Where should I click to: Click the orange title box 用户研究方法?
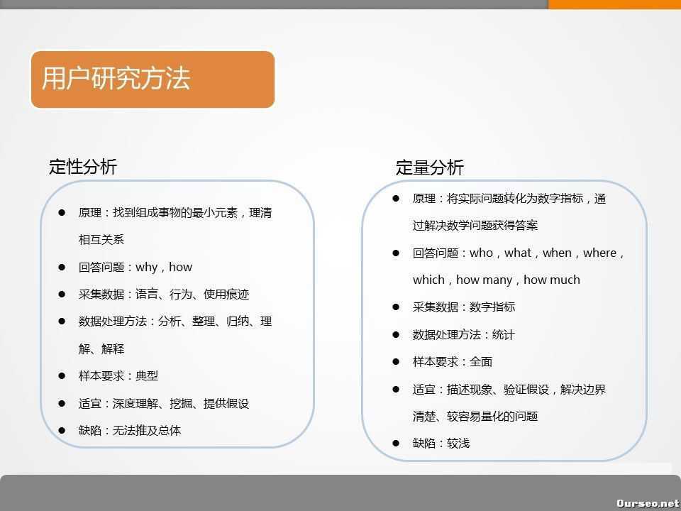click(153, 79)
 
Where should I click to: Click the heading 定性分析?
click(83, 167)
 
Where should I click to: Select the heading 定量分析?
click(429, 167)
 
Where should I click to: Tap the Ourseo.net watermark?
click(648, 503)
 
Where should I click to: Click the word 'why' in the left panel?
click(147, 268)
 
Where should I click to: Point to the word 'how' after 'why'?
click(181, 268)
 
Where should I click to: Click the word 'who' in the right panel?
click(481, 253)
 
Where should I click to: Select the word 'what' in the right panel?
click(518, 253)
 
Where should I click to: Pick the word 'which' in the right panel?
click(428, 280)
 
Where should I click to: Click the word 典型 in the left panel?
click(147, 376)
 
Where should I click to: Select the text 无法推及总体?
click(147, 431)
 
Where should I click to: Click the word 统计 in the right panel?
click(504, 334)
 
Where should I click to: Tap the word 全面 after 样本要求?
click(481, 362)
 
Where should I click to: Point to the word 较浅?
click(458, 444)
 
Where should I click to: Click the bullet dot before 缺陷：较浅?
click(396, 443)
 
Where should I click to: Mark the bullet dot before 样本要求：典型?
click(62, 375)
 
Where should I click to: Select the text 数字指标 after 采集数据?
click(492, 307)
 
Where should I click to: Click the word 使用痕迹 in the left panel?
click(226, 295)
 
